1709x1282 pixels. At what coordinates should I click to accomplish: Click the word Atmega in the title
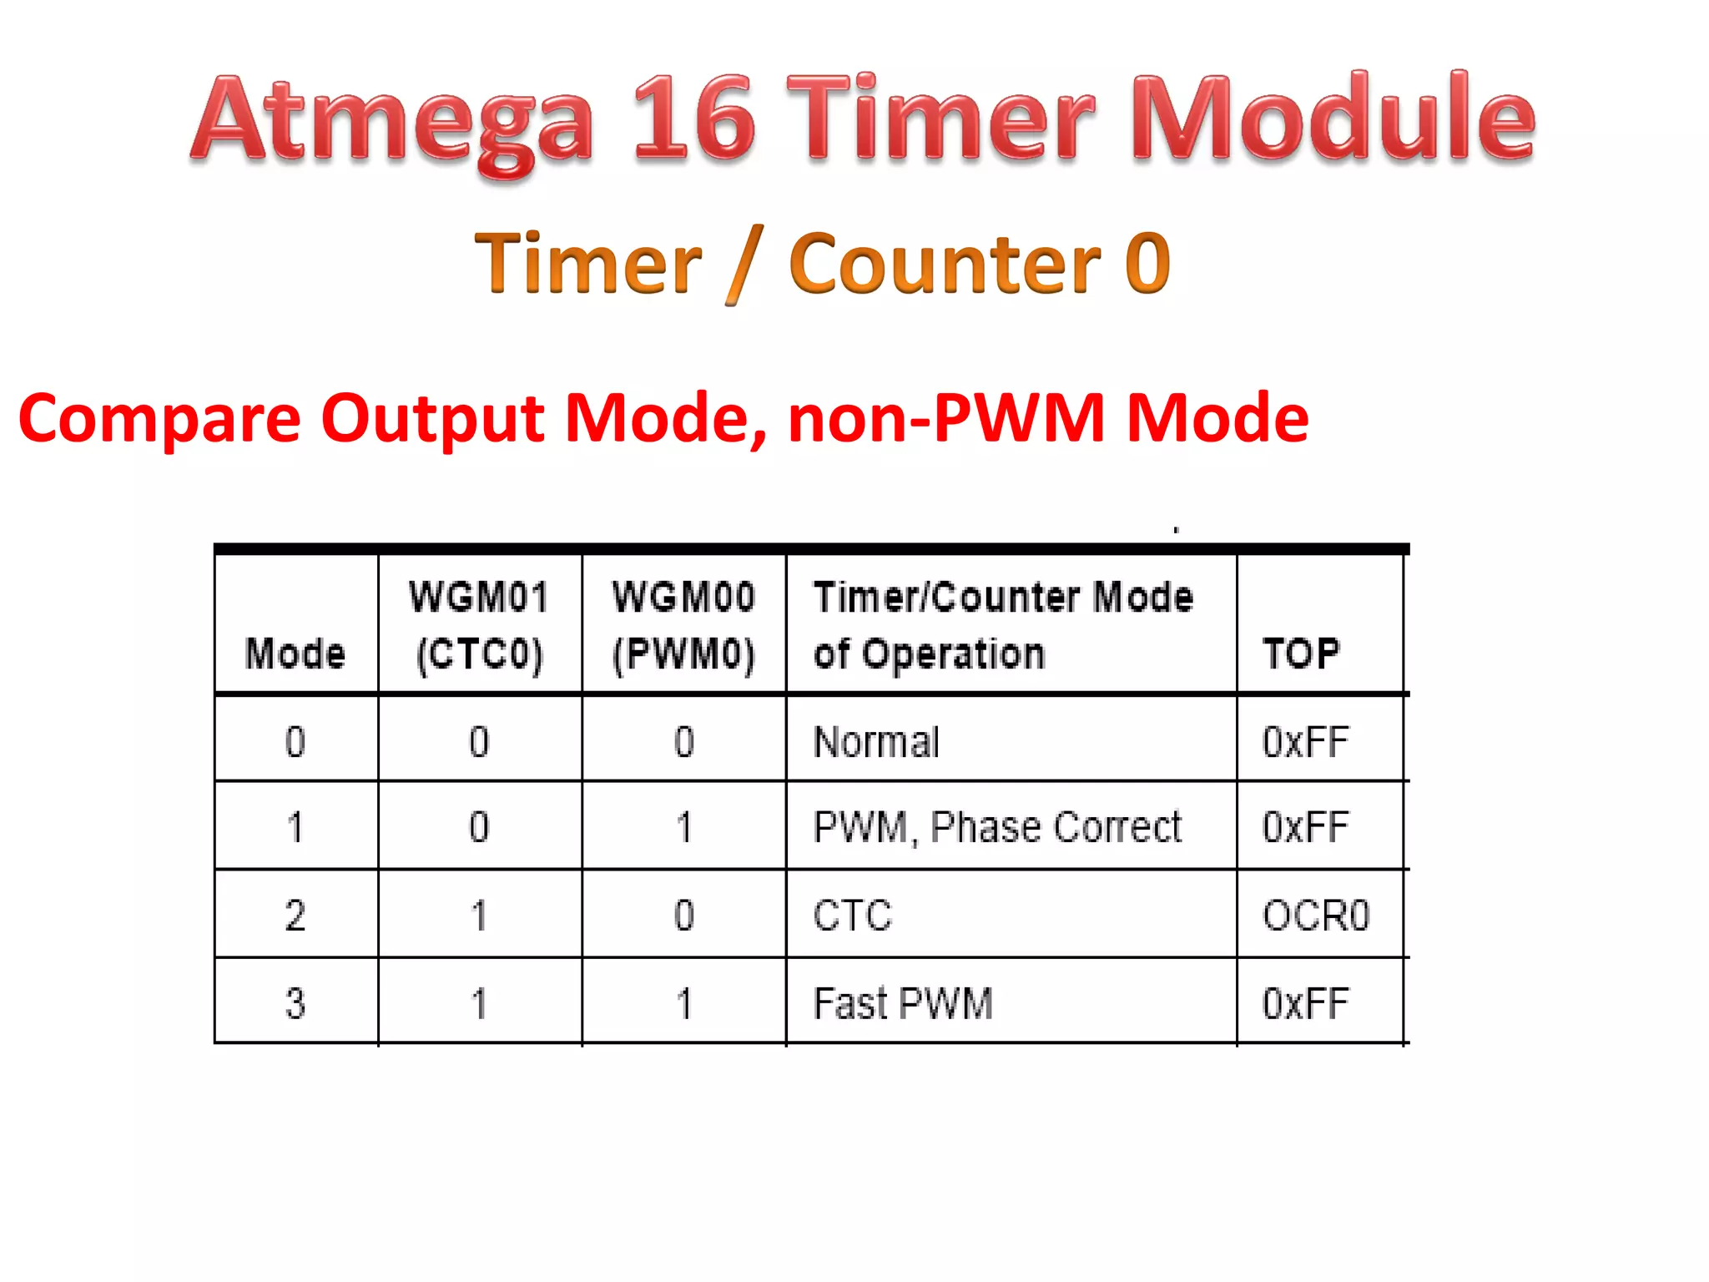tap(392, 121)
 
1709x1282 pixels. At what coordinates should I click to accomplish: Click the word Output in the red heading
tap(431, 419)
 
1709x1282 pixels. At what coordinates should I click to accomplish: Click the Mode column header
tap(295, 653)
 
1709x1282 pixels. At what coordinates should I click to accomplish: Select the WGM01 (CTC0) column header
tap(480, 625)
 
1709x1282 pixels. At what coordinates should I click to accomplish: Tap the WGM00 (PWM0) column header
tap(683, 625)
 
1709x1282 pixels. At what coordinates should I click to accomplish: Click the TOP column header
tap(1301, 653)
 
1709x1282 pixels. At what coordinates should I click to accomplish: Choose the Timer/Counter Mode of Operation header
tap(1003, 625)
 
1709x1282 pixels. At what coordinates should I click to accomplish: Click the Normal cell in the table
tap(876, 742)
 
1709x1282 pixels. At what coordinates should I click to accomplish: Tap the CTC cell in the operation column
tap(853, 916)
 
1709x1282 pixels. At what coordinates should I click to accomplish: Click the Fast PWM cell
tap(903, 1003)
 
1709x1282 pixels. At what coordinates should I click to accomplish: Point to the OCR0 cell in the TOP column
tap(1316, 916)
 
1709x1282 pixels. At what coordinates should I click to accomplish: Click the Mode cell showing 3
tap(295, 1003)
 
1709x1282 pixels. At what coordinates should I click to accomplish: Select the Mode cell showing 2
tap(295, 916)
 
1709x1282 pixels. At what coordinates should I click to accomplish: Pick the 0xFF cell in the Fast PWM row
tap(1305, 1003)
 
